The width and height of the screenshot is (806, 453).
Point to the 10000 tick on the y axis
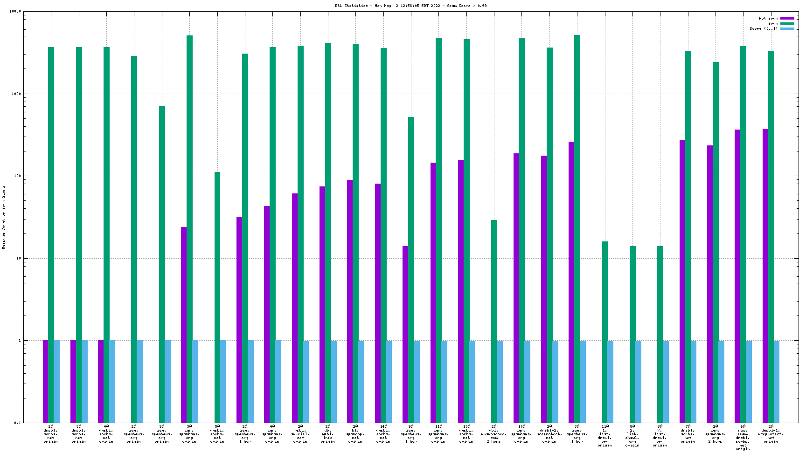[15, 12]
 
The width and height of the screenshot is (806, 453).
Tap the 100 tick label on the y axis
[17, 176]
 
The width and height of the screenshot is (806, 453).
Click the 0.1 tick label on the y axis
[17, 423]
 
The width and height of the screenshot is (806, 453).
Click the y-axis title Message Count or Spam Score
[4, 217]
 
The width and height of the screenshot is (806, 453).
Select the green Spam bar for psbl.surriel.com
[300, 233]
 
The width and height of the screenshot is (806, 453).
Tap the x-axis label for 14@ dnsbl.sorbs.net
[383, 436]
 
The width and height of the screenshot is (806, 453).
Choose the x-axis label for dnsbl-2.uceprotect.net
[549, 436]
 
